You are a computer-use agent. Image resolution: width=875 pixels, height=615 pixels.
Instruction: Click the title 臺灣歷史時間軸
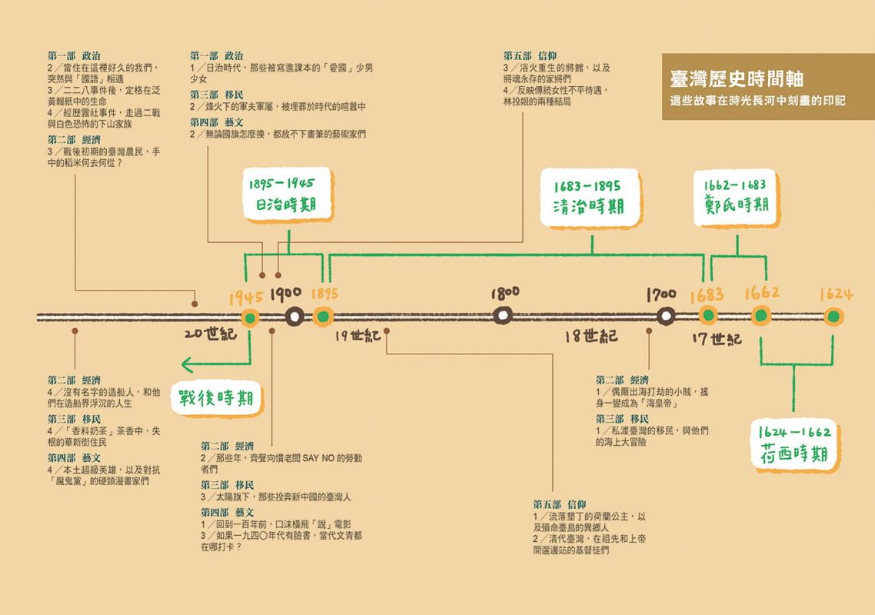[737, 79]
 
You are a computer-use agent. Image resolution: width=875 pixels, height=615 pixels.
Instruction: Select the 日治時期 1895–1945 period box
[288, 195]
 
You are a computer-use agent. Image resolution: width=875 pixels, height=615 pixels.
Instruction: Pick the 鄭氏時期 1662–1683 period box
[736, 198]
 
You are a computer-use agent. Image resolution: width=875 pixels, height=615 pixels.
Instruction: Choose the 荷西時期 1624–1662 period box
[794, 444]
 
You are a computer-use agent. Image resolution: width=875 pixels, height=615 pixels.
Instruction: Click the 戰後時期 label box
[217, 398]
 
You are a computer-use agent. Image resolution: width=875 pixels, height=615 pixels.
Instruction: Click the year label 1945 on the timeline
[245, 297]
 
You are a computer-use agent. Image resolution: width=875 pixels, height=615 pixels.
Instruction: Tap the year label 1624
[835, 294]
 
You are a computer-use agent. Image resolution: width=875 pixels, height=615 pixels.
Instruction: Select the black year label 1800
[505, 294]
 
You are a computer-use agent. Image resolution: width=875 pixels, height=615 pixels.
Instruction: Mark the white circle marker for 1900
[294, 317]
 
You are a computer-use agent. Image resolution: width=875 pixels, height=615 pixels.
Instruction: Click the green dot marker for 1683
[708, 316]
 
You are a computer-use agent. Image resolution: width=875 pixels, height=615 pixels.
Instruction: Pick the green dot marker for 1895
[322, 317]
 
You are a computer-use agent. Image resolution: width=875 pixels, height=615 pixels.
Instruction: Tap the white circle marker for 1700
[665, 317]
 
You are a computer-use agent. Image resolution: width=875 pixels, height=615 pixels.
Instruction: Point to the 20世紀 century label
[211, 334]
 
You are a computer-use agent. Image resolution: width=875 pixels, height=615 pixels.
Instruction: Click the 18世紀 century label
[591, 335]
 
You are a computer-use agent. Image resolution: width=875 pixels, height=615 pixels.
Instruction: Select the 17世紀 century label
[717, 338]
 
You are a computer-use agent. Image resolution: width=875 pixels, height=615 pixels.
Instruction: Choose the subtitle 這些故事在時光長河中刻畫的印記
[758, 101]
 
